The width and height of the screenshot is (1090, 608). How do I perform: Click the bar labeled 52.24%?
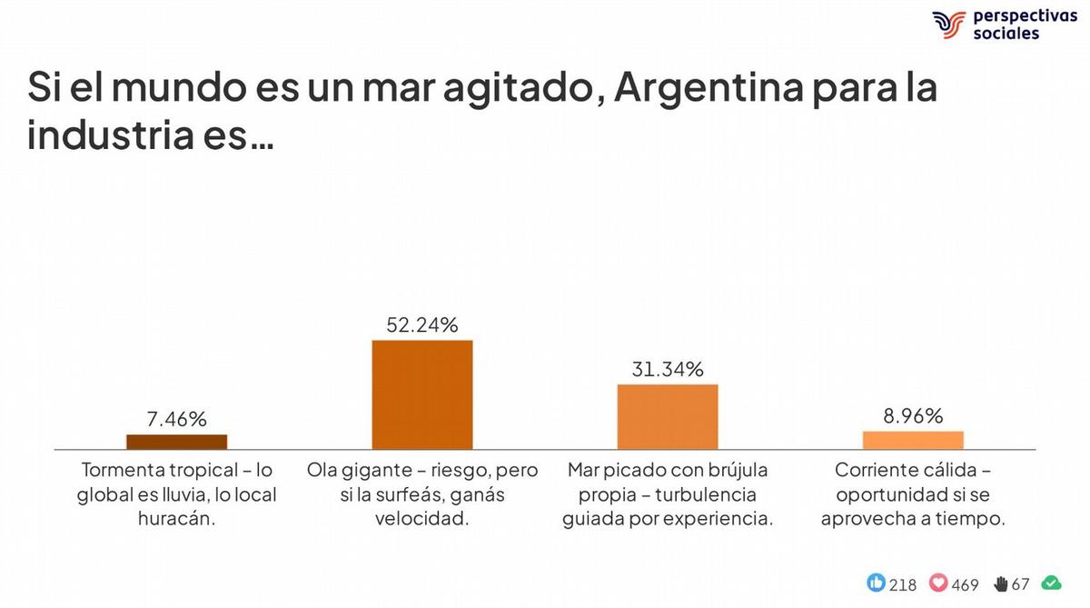[x=422, y=394]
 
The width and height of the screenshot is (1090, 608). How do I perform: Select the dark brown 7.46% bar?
[x=176, y=442]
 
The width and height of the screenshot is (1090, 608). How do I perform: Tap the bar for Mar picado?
[x=668, y=416]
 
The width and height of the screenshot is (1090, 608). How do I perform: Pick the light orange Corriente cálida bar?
[x=913, y=440]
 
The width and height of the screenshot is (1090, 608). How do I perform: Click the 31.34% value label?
[x=668, y=369]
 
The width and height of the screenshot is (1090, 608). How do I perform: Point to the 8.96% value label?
[x=913, y=416]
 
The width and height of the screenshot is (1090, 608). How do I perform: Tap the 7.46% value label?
[x=176, y=419]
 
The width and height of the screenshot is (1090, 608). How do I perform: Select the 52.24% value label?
[x=422, y=324]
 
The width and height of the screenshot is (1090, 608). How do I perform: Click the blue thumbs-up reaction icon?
[x=877, y=583]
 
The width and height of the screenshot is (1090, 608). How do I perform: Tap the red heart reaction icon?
[x=938, y=583]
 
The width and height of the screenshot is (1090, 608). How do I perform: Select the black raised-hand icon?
[x=1001, y=583]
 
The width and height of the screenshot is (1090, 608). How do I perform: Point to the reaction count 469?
[x=966, y=584]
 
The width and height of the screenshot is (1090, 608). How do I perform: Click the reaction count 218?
[x=903, y=584]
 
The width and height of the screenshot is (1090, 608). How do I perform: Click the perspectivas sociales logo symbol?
[x=949, y=25]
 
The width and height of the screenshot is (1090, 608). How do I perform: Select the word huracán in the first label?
[x=179, y=519]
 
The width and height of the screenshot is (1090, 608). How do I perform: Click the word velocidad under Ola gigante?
[x=422, y=519]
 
